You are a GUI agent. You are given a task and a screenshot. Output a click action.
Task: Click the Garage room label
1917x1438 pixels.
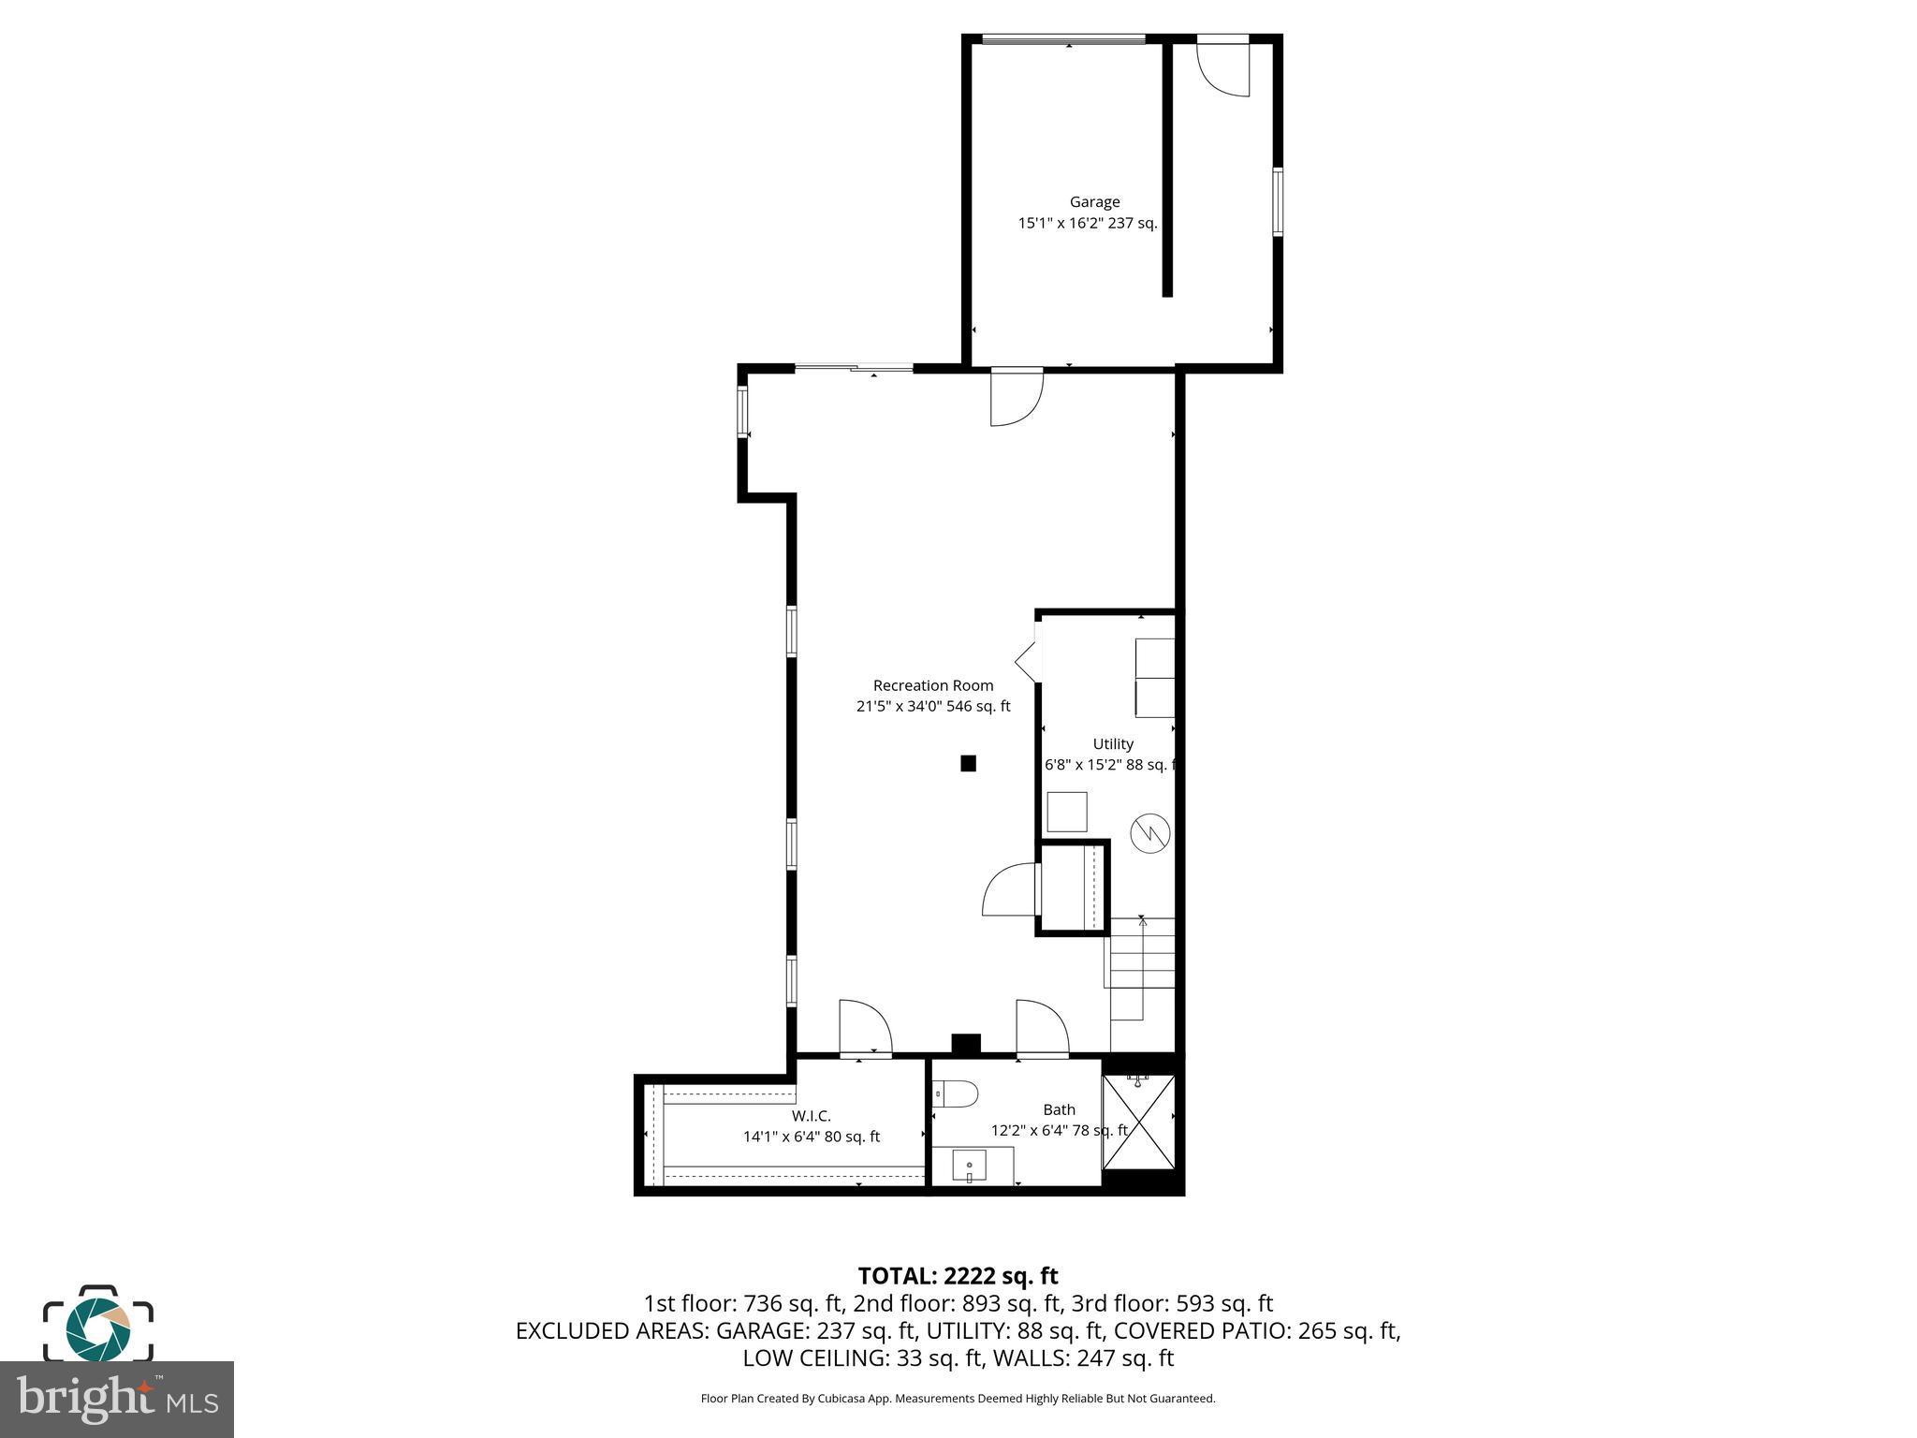pos(1094,202)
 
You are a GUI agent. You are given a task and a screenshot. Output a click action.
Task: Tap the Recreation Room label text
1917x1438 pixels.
pos(932,685)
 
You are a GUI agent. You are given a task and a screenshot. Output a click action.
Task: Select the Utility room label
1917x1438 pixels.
pos(1113,744)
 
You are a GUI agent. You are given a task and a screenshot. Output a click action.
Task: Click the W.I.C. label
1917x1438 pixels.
pos(811,1116)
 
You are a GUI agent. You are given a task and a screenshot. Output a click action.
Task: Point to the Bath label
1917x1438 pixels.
pos(1059,1109)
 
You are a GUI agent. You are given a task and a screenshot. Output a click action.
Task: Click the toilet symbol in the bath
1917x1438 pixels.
pos(957,1093)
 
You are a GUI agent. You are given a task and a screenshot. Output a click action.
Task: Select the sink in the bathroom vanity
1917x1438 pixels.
pos(970,1167)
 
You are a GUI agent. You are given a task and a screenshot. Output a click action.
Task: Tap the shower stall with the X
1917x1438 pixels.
pos(1138,1123)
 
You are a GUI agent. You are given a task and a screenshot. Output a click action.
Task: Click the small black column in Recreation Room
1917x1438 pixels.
pos(968,763)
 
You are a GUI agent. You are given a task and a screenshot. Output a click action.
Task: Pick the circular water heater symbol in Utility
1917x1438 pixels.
pos(1149,833)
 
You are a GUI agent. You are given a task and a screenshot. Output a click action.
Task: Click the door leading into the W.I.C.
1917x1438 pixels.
pos(865,1028)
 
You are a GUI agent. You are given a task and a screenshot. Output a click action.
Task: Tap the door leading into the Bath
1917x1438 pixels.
pos(1042,1028)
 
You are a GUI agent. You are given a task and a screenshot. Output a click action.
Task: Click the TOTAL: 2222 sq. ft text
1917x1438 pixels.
pos(958,1276)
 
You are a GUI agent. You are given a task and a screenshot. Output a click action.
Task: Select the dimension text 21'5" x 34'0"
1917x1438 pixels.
pos(899,707)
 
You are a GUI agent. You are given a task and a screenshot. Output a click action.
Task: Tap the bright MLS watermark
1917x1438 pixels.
pos(117,1399)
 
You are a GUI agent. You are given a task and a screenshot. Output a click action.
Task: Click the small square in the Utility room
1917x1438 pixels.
pos(1066,812)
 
